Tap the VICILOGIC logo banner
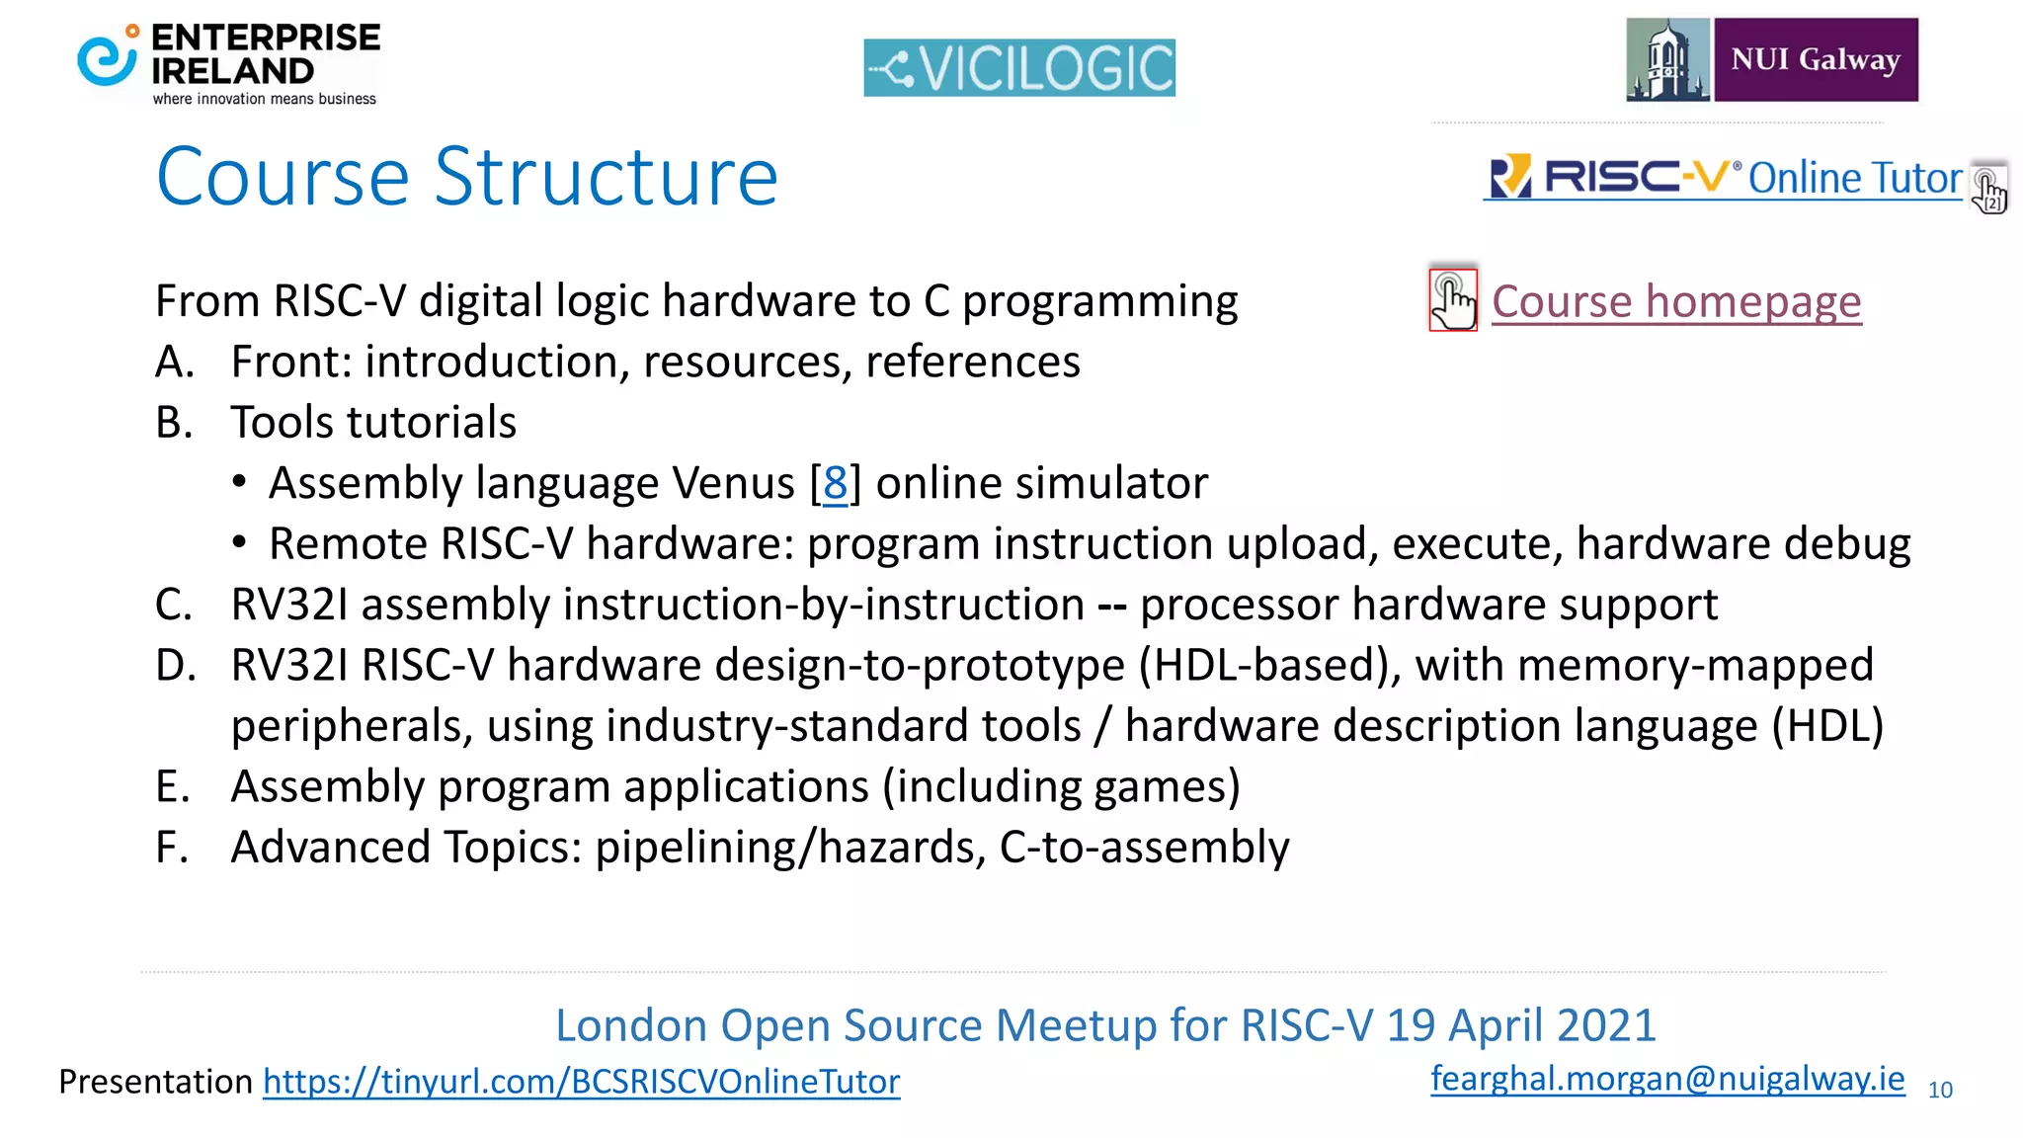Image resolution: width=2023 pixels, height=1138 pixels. click(x=1019, y=67)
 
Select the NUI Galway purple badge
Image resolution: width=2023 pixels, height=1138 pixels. click(x=1816, y=59)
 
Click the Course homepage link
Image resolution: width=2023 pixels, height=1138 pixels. click(x=1676, y=301)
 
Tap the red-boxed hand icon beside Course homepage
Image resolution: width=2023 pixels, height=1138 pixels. click(x=1453, y=299)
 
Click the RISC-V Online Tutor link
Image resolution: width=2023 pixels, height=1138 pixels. click(x=1725, y=178)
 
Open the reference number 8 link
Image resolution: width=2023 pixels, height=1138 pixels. click(x=835, y=483)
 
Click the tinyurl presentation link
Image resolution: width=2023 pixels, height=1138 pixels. click(x=581, y=1082)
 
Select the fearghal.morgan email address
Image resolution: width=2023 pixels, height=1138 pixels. click(x=1667, y=1078)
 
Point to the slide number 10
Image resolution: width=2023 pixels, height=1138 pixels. click(x=1940, y=1090)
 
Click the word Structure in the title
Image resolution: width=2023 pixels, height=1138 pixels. click(x=607, y=178)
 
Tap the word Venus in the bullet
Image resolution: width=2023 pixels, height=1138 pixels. click(x=733, y=483)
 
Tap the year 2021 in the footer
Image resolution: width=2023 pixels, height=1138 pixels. click(x=1602, y=1025)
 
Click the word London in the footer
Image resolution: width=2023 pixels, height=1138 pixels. click(x=630, y=1025)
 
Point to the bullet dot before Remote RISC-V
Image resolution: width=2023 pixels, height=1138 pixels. click(x=239, y=543)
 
